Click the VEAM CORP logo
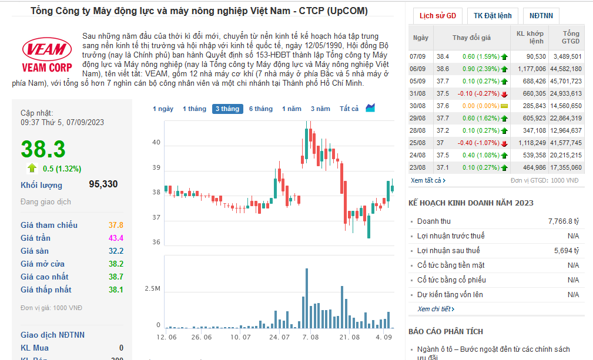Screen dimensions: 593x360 [x=47, y=55]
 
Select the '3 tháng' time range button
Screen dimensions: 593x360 [x=227, y=109]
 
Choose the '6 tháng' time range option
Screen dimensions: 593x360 [x=260, y=109]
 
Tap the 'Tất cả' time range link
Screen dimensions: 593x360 [x=349, y=109]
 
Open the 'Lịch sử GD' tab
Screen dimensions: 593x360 [x=438, y=16]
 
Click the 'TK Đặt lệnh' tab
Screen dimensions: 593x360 [x=493, y=16]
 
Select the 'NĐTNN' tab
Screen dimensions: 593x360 [x=541, y=16]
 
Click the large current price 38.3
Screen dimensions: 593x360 [x=43, y=149]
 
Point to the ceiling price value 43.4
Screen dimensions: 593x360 [x=116, y=238]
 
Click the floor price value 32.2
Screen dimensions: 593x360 [x=116, y=251]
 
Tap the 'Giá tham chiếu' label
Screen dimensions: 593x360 [x=49, y=225]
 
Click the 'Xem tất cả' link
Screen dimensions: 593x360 [x=428, y=180]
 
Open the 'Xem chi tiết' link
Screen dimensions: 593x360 [x=435, y=309]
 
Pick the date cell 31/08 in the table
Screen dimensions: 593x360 [x=417, y=94]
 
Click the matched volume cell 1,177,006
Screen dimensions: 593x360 [x=531, y=69]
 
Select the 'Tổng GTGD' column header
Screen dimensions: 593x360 [x=570, y=38]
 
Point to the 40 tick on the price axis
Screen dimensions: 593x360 [x=156, y=142]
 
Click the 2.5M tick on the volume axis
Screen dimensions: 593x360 [x=152, y=288]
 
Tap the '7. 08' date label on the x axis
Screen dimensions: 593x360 [x=310, y=337]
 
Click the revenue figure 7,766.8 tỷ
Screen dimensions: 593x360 [x=564, y=221]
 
